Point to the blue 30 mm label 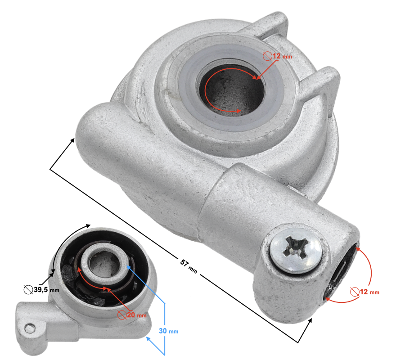coord(168,331)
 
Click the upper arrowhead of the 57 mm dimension coord(72,140)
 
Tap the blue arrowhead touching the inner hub coord(129,267)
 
